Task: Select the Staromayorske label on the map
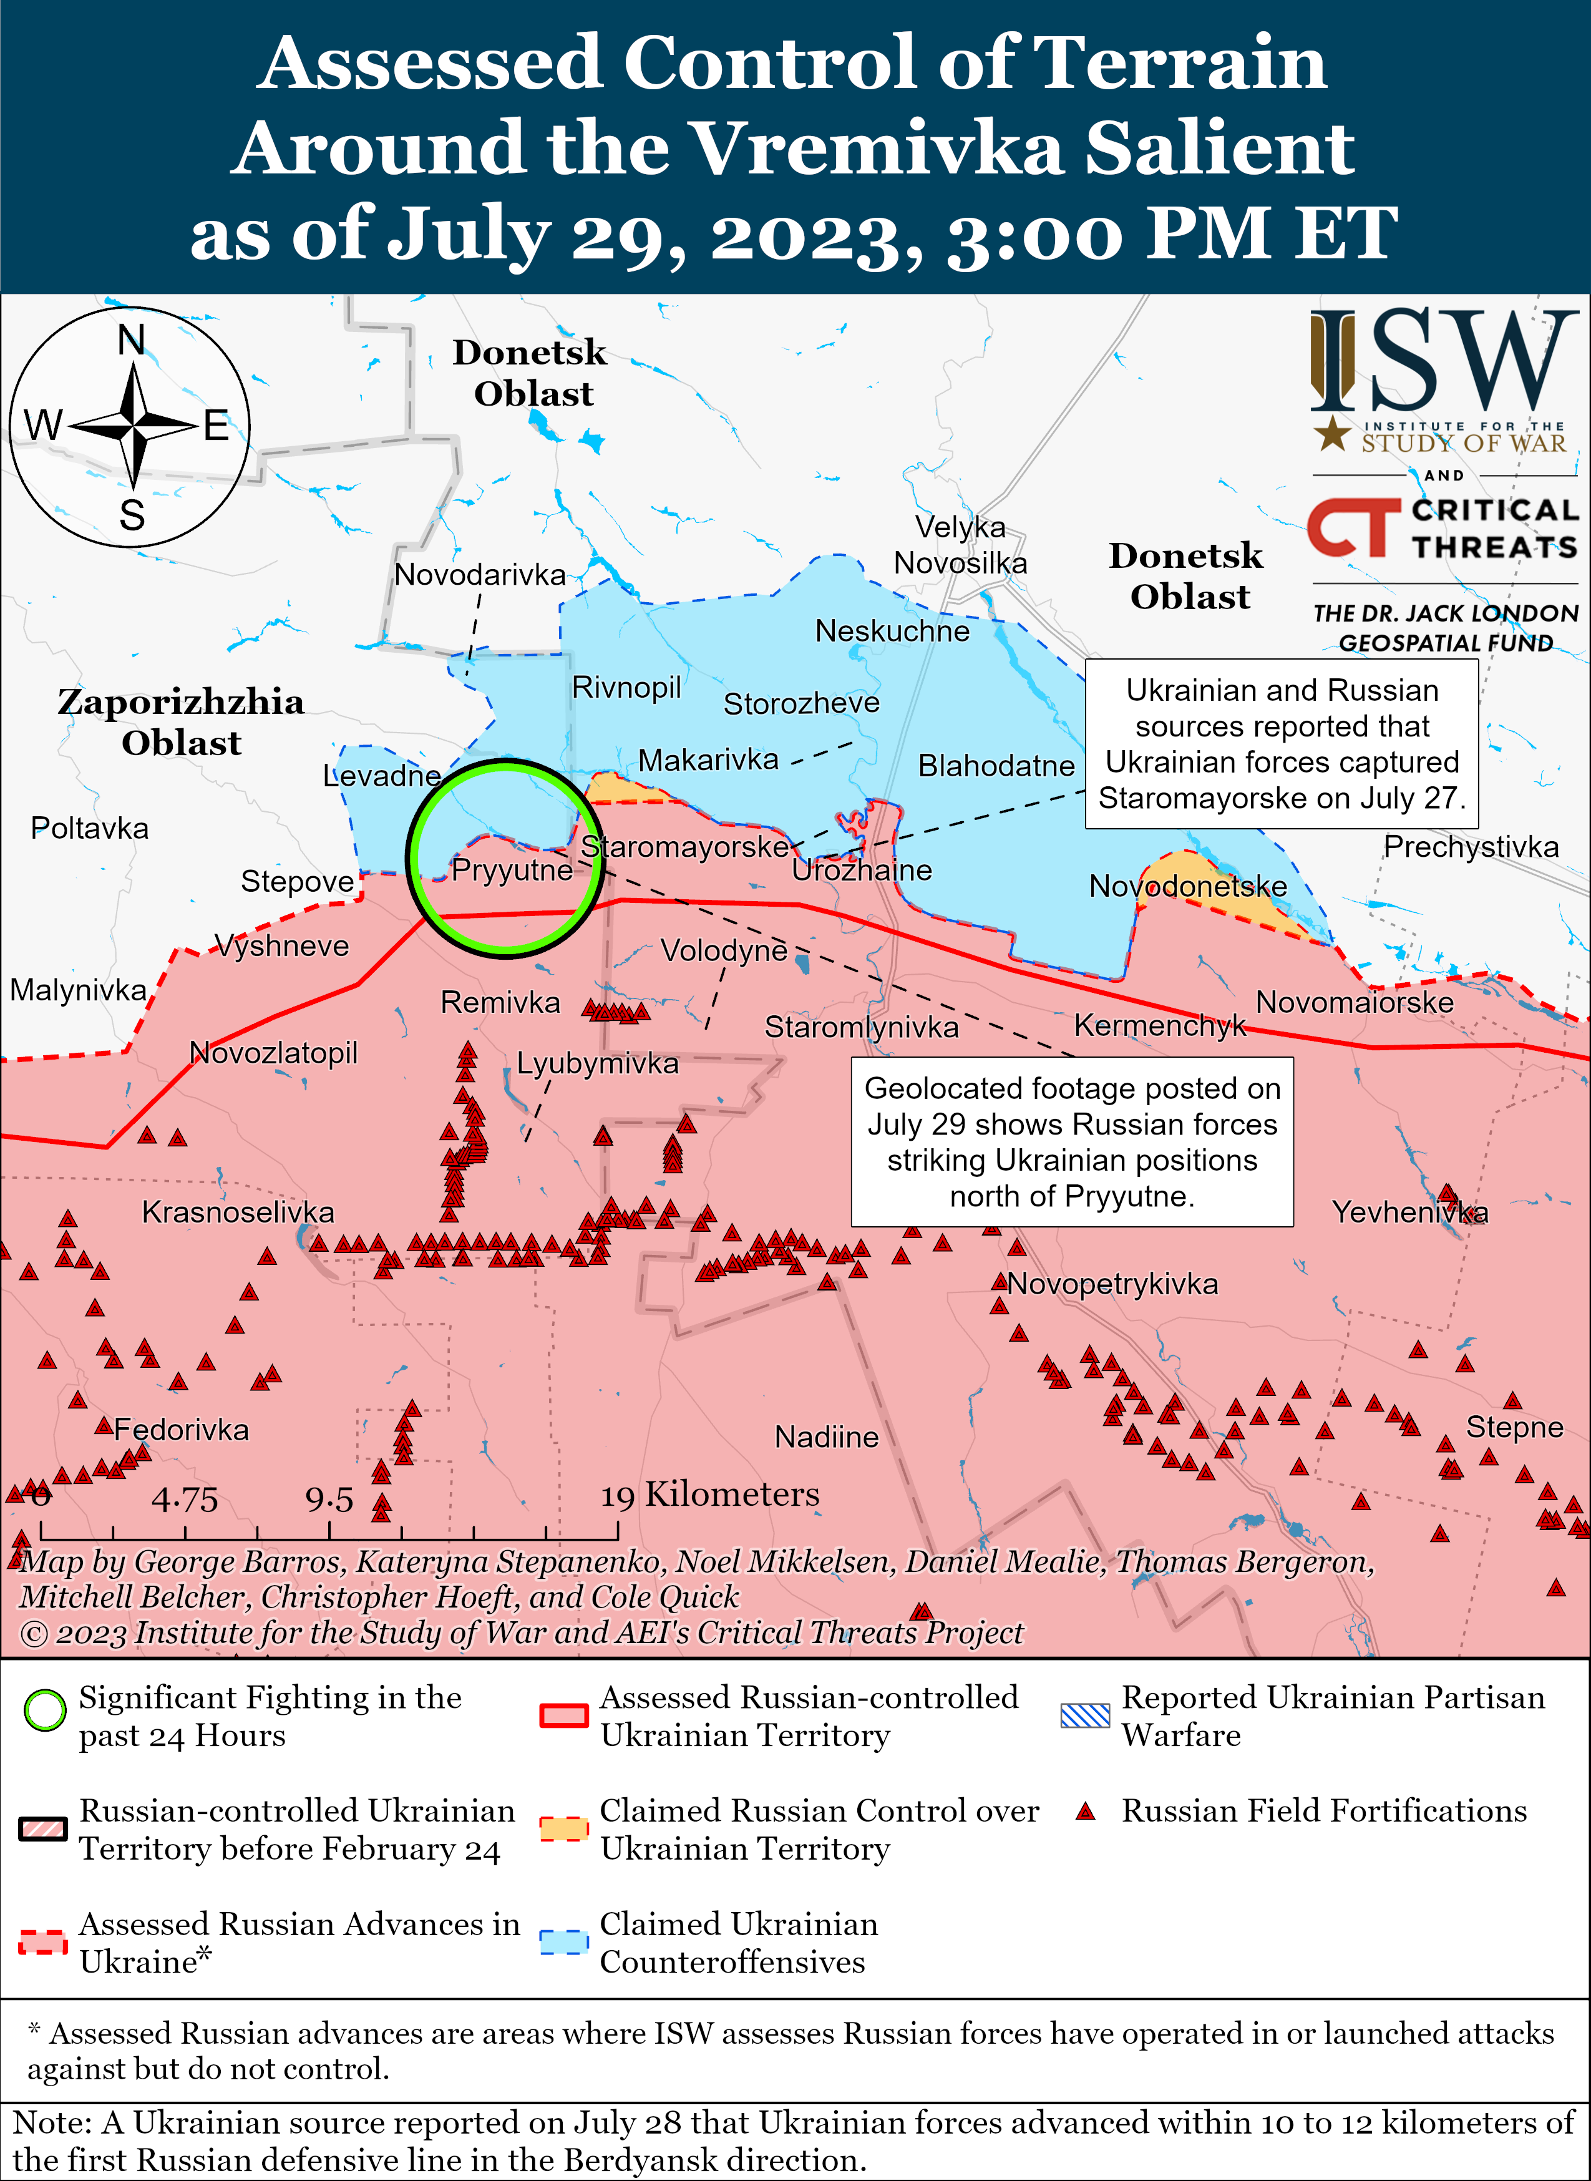click(684, 847)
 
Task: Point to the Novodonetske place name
click(1187, 886)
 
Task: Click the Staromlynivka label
click(861, 1027)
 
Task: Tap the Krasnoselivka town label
click(238, 1212)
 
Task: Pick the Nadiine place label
click(826, 1437)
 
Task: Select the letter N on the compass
click(132, 340)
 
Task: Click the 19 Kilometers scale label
click(711, 1495)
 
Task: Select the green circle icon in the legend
click(44, 1710)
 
